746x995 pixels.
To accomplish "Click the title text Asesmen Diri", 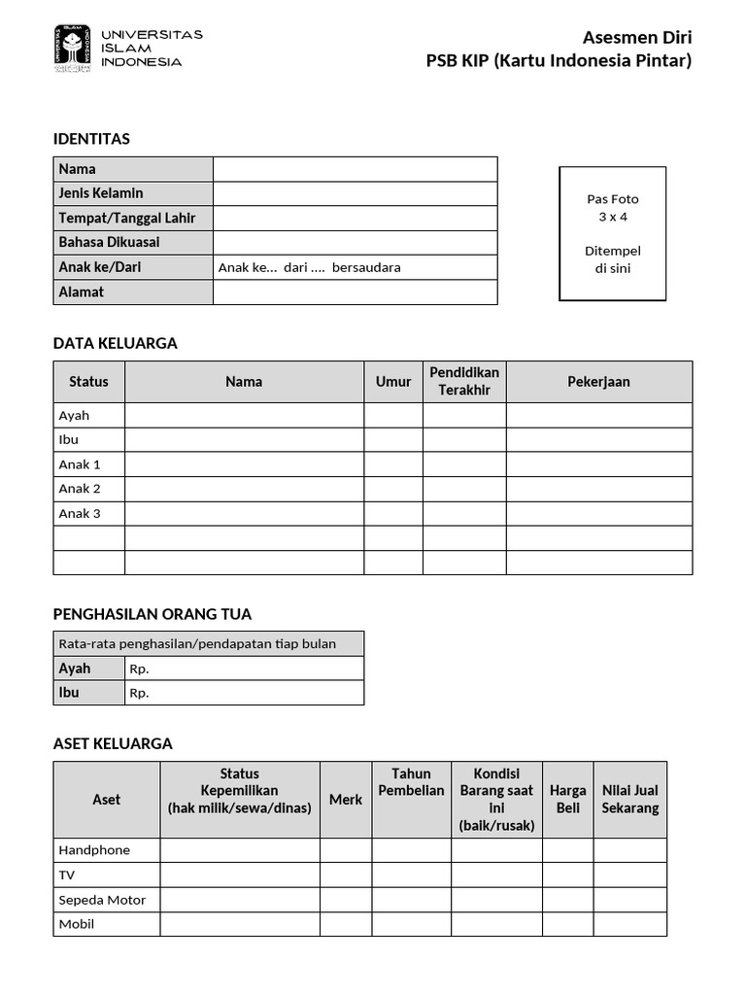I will click(x=636, y=38).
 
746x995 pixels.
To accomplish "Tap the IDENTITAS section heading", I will click(x=91, y=139).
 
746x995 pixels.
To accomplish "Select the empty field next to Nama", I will click(x=355, y=169).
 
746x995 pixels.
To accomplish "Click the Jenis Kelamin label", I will click(x=101, y=193).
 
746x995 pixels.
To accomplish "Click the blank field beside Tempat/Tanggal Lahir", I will click(x=355, y=218).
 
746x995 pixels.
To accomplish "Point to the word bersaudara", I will click(x=366, y=267).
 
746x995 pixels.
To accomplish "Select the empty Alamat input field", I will click(x=355, y=292).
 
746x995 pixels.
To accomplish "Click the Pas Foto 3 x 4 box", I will click(x=612, y=233).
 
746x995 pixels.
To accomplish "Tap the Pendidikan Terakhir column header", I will click(x=464, y=381).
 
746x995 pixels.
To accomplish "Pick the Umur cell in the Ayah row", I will click(x=393, y=415).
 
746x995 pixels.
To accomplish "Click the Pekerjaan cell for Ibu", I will click(x=598, y=439).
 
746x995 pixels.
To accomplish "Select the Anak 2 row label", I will click(x=80, y=489).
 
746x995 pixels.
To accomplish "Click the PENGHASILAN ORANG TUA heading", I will click(x=152, y=614).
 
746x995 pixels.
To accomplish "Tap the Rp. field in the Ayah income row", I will click(x=244, y=669).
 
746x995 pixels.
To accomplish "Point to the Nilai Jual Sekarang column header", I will click(x=629, y=799).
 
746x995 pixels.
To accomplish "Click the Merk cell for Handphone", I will click(x=345, y=850).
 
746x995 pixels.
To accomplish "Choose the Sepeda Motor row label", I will click(x=102, y=900).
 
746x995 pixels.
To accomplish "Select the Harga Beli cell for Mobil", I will click(x=567, y=924).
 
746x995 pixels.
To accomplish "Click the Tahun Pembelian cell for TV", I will click(x=411, y=875).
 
